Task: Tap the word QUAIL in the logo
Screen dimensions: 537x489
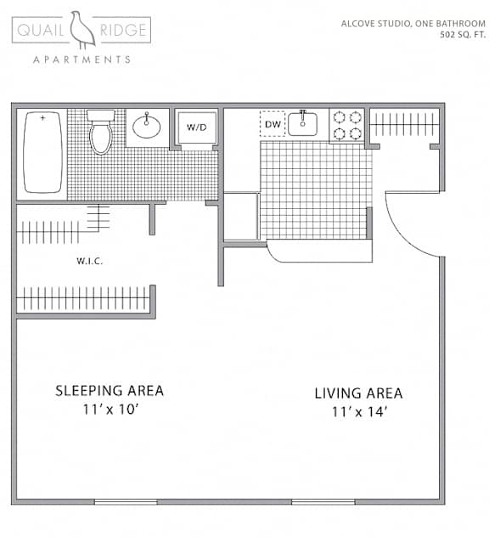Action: coord(43,32)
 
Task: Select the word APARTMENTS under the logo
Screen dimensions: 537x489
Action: coord(81,59)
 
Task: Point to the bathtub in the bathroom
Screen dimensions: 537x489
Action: coord(41,152)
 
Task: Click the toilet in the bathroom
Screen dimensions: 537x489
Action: coord(101,133)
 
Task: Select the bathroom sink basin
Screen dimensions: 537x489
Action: coord(147,127)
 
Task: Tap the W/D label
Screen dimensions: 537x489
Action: coord(196,128)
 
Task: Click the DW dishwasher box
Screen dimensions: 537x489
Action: coord(272,125)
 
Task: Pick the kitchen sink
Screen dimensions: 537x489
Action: coord(302,124)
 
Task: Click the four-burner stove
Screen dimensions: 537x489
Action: coord(346,126)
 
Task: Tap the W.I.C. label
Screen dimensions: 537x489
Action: coord(88,261)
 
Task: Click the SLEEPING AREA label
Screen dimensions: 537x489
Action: coord(110,391)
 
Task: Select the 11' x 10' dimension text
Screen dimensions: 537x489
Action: coord(110,410)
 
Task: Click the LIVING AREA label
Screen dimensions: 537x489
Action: coord(358,393)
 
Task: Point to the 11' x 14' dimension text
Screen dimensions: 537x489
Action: coord(358,413)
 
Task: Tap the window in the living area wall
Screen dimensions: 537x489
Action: coord(323,501)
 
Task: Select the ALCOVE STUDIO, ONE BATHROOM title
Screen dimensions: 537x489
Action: coord(413,23)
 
